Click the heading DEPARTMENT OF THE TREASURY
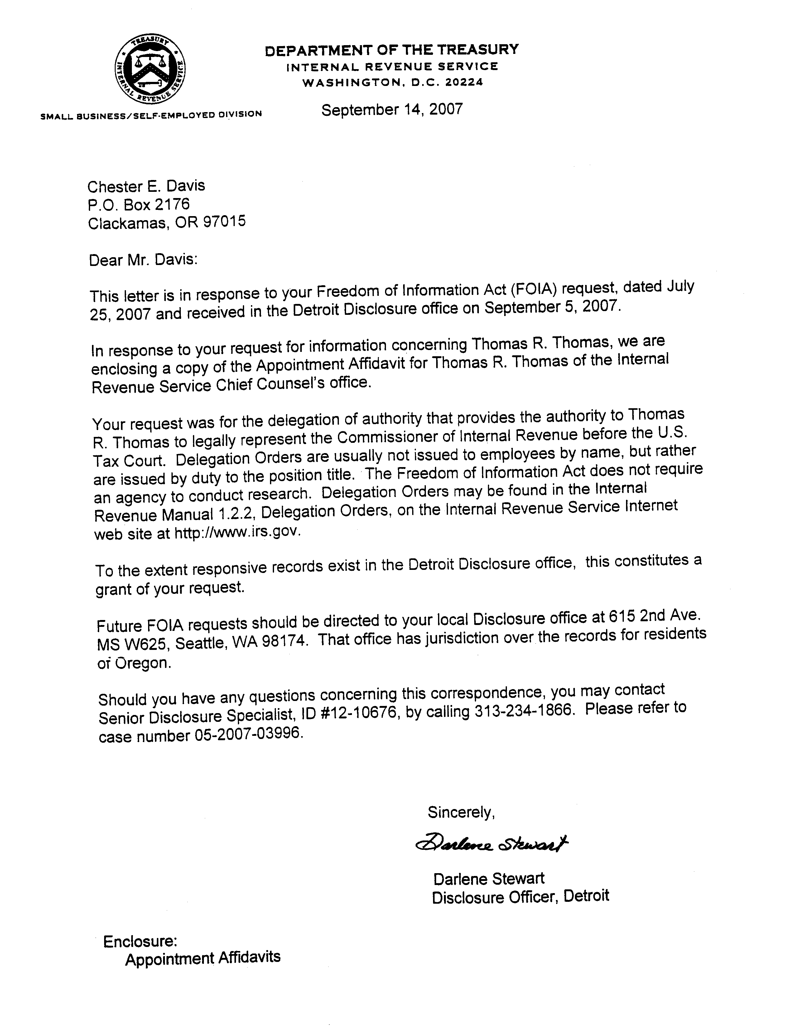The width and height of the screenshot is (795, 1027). coord(392,50)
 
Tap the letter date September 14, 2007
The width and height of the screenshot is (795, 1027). coord(392,110)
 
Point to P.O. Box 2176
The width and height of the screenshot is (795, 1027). coord(139,204)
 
